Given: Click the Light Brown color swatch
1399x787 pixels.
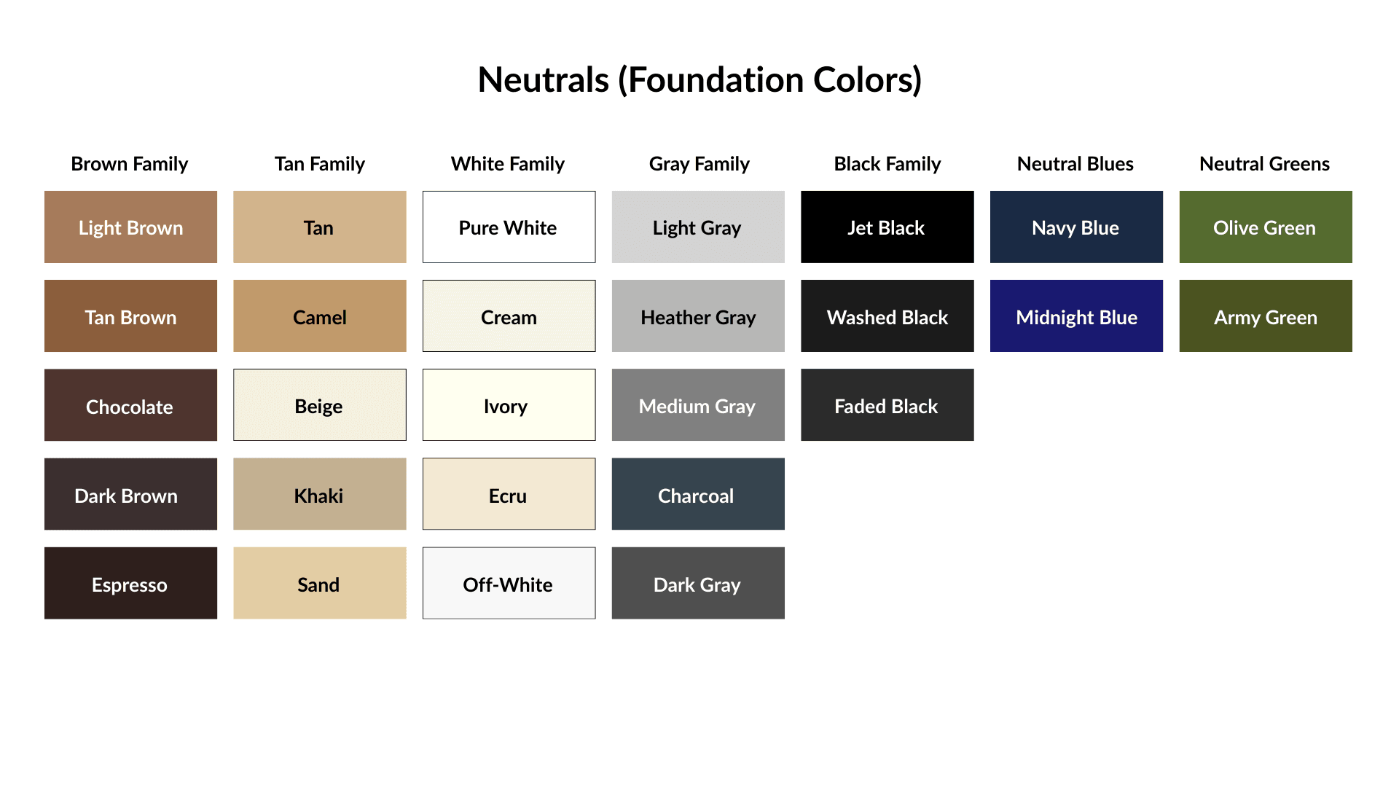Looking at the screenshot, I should pos(130,227).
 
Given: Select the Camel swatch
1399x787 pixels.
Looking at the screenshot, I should pos(319,316).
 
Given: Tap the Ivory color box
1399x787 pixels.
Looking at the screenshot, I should pos(509,404).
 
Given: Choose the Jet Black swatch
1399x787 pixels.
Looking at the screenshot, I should pos(887,227).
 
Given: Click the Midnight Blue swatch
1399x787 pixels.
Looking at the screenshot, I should pos(1075,316).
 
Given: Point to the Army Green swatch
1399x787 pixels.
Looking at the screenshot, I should pos(1265,316).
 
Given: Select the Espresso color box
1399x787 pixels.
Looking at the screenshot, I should pos(130,583).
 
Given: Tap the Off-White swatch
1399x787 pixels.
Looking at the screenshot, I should pos(509,583).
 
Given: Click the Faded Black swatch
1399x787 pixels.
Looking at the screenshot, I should pos(887,404).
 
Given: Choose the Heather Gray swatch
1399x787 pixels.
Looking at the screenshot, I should pos(697,316).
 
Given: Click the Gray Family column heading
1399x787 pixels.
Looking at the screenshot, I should pos(699,164).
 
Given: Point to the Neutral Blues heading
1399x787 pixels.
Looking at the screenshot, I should pos(1075,164).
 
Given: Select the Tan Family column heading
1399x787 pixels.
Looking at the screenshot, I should pos(319,164).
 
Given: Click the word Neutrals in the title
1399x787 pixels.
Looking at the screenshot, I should pos(543,79).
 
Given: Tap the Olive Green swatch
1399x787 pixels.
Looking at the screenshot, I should pos(1265,227).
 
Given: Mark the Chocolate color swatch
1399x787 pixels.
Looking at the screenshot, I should pos(130,404).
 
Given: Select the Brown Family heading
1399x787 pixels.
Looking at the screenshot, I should pos(129,164).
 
